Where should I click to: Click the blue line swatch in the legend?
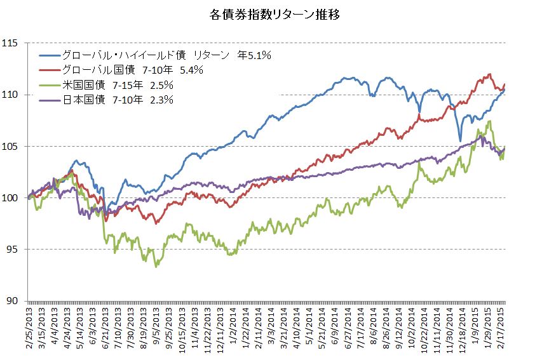pos(50,56)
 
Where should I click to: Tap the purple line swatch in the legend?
pos(50,100)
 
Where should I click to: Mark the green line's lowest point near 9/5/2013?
pos(156,266)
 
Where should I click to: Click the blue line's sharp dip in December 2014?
pos(460,141)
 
